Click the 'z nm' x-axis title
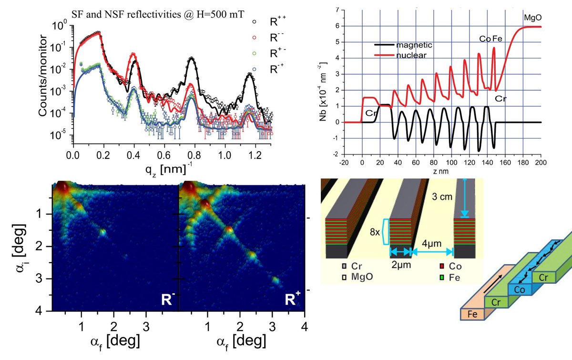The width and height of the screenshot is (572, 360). point(450,170)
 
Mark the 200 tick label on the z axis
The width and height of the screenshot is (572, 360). point(541,162)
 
